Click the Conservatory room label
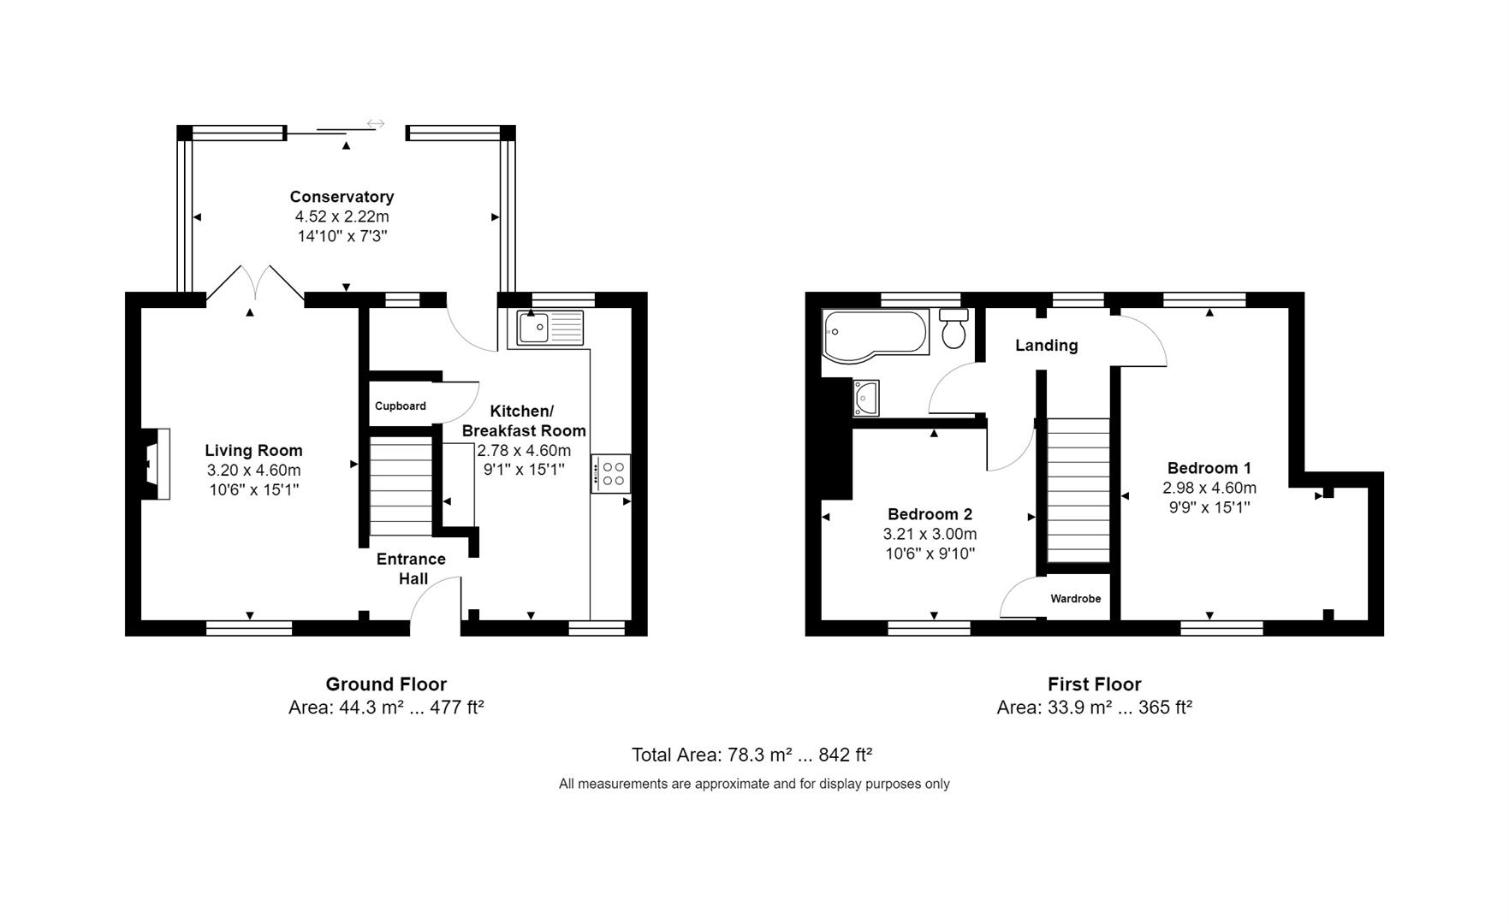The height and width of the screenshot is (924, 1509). pyautogui.click(x=342, y=197)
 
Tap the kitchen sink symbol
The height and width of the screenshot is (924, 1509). pyautogui.click(x=550, y=328)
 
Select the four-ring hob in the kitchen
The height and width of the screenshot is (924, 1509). pyautogui.click(x=612, y=474)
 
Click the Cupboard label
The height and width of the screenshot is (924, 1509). pyautogui.click(x=400, y=406)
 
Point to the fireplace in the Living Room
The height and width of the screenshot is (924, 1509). pyautogui.click(x=157, y=464)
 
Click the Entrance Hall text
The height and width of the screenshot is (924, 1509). pyautogui.click(x=412, y=569)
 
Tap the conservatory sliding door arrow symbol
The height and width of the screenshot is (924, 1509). pyautogui.click(x=376, y=124)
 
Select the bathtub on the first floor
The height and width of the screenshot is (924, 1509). pyautogui.click(x=874, y=332)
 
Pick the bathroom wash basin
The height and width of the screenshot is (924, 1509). pyautogui.click(x=866, y=399)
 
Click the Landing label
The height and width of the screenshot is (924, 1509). pyautogui.click(x=1046, y=346)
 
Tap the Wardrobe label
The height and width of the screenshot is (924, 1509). pyautogui.click(x=1075, y=599)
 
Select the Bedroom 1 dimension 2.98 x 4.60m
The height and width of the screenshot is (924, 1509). pyautogui.click(x=1209, y=489)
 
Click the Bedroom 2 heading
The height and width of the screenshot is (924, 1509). pyautogui.click(x=930, y=514)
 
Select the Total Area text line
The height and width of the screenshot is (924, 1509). pyautogui.click(x=752, y=755)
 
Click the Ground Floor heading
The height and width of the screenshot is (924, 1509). pyautogui.click(x=386, y=684)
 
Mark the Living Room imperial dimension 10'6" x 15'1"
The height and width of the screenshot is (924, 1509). pyautogui.click(x=253, y=490)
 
